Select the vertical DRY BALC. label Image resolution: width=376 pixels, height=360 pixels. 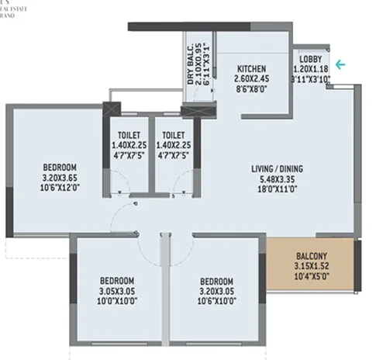click(190, 65)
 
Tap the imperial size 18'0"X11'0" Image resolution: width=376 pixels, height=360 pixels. click(276, 188)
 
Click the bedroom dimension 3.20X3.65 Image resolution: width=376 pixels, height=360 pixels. click(60, 178)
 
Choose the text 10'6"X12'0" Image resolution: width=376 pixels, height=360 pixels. click(60, 188)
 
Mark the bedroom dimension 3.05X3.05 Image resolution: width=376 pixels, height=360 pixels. click(116, 292)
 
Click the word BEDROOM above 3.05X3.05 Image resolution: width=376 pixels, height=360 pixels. click(116, 281)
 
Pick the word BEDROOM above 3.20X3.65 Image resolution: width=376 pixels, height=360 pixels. click(60, 168)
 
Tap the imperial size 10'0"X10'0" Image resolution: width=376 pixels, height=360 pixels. click(116, 302)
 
